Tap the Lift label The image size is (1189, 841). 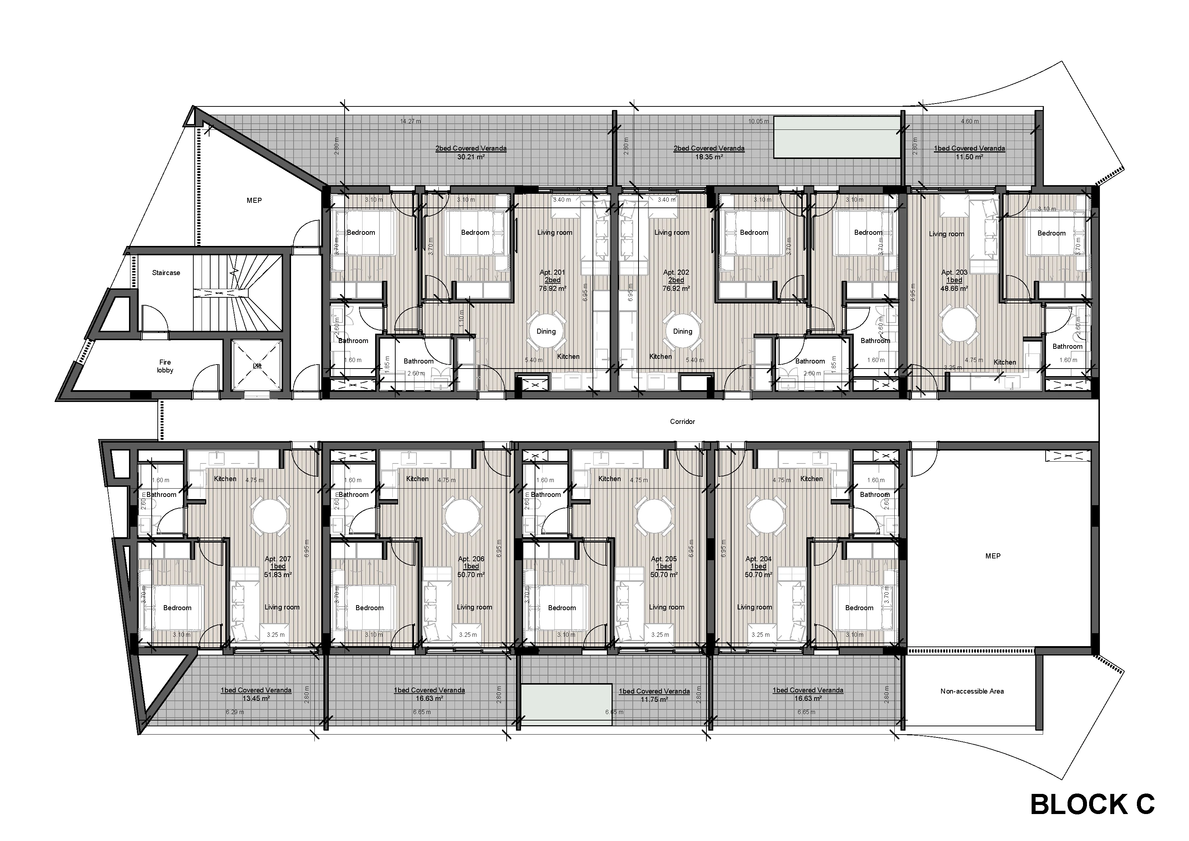(257, 366)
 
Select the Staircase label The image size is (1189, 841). (166, 273)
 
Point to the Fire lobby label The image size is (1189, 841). (165, 366)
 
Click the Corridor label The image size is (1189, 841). (682, 421)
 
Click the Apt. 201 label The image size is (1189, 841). (552, 272)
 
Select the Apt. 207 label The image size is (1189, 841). (277, 559)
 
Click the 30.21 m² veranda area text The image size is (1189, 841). (470, 156)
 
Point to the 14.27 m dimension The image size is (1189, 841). (410, 121)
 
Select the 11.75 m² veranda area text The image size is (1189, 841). (654, 699)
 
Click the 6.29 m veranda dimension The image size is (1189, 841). (235, 712)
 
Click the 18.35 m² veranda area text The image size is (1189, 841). (709, 156)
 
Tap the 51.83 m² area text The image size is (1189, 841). (277, 574)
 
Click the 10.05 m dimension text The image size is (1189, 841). (758, 121)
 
